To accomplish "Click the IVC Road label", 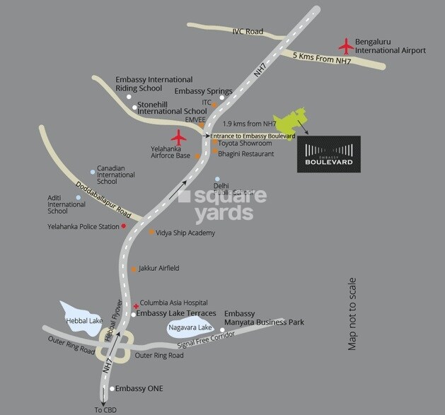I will pyautogui.click(x=248, y=31).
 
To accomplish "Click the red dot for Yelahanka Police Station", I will pyautogui.click(x=124, y=226).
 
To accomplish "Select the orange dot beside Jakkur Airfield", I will pyautogui.click(x=134, y=269).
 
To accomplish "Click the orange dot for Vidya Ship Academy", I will pyautogui.click(x=151, y=232).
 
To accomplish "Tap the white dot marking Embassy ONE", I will pyautogui.click(x=112, y=389).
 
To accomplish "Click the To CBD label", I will pyautogui.click(x=105, y=409).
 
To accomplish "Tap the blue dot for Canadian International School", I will pyautogui.click(x=92, y=171).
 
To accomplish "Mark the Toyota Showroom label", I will pyautogui.click(x=245, y=143).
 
